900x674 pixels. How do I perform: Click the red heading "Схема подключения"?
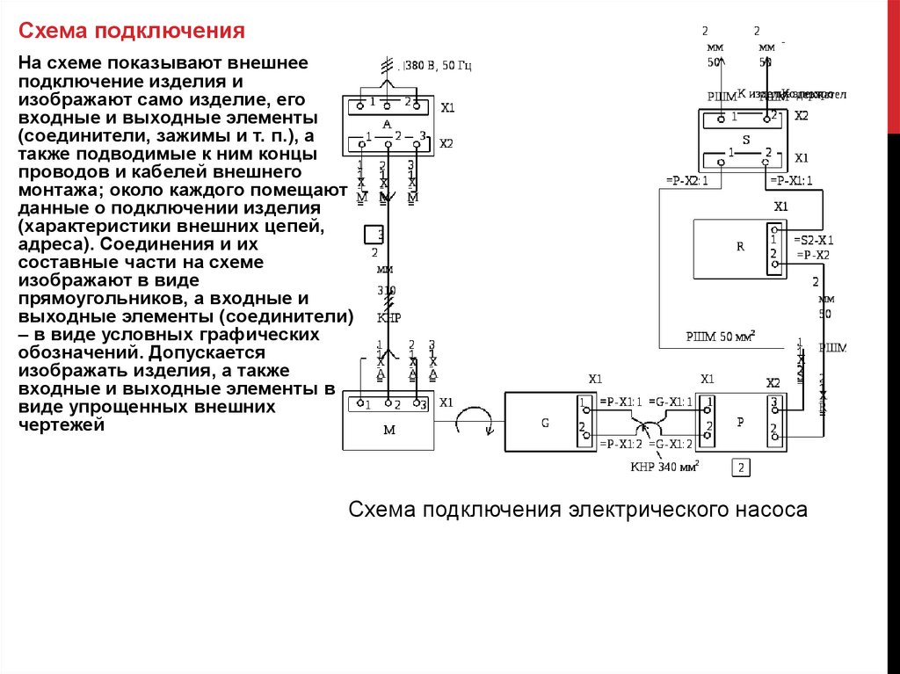[x=132, y=33]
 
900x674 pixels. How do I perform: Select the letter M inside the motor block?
[x=389, y=429]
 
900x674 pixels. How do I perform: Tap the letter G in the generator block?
[x=545, y=423]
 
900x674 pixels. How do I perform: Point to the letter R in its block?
[x=740, y=247]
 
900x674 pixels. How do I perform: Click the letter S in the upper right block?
[x=746, y=139]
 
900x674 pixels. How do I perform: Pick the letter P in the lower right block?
[x=740, y=422]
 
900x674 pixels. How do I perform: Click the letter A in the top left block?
[x=386, y=126]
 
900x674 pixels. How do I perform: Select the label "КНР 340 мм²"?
[x=664, y=467]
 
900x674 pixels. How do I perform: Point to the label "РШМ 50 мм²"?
[x=721, y=336]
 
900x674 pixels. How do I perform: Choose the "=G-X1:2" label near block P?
[x=671, y=445]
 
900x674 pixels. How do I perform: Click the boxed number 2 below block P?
[x=743, y=467]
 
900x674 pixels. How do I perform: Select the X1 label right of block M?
[x=446, y=403]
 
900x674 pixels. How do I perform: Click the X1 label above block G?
[x=595, y=380]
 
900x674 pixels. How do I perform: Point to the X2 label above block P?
[x=773, y=383]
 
